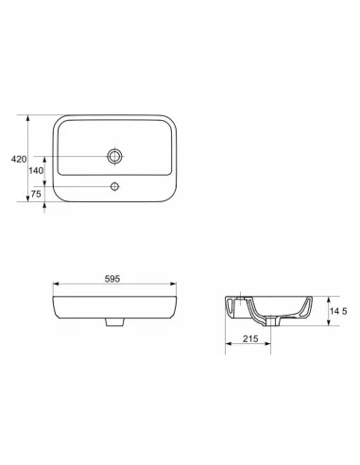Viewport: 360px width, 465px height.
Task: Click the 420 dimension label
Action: click(x=19, y=160)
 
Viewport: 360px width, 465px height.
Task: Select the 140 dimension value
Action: click(x=36, y=171)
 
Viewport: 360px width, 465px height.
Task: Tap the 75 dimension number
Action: click(x=36, y=194)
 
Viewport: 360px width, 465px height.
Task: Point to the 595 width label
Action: click(x=112, y=279)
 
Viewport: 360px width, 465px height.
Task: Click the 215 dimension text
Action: click(x=250, y=338)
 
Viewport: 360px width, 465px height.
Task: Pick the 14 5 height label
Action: click(x=338, y=311)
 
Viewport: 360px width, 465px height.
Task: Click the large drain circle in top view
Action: click(x=114, y=156)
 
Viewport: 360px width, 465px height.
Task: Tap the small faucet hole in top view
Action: click(x=114, y=187)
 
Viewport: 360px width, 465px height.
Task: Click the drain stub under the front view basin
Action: click(x=114, y=322)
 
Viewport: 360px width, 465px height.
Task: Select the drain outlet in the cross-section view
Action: click(x=272, y=321)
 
